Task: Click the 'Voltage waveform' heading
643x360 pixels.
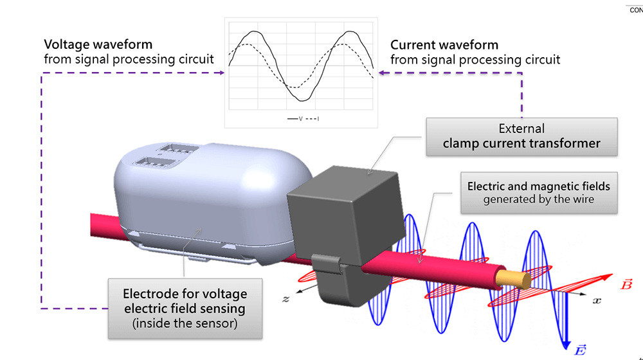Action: [98, 45]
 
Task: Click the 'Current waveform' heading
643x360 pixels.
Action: [444, 45]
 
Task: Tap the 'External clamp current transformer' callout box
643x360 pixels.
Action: [521, 136]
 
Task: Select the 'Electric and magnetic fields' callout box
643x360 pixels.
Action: [539, 193]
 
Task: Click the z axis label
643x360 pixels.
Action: [285, 299]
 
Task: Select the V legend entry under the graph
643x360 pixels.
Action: [296, 119]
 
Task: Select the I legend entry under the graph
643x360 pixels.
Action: [312, 119]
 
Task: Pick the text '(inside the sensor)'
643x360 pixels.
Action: [185, 323]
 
